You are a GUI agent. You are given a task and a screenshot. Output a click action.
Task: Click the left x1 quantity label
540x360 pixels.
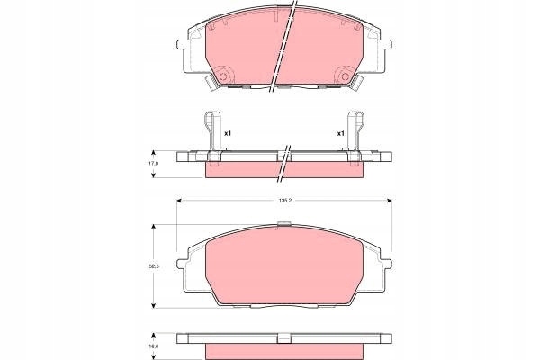(x=228, y=134)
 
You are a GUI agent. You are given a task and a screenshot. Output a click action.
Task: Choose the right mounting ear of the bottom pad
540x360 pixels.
(x=389, y=264)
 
